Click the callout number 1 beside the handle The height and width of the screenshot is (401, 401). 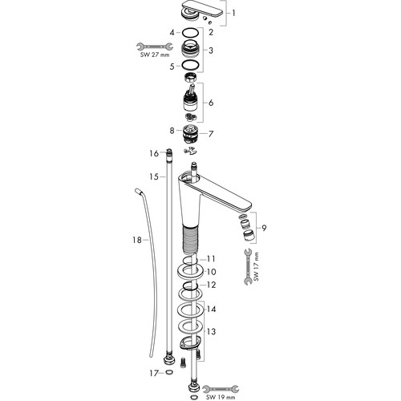(233, 13)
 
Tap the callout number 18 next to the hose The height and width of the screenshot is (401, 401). (137, 240)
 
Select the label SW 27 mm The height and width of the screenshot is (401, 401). (155, 55)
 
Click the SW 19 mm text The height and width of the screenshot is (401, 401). (221, 397)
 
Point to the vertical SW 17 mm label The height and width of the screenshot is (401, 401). (256, 266)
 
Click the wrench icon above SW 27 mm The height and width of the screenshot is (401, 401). (155, 47)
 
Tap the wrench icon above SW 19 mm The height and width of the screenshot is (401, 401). (221, 389)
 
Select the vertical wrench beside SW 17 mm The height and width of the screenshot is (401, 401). (248, 266)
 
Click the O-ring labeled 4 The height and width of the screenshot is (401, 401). (190, 33)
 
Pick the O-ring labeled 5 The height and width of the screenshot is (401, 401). (190, 65)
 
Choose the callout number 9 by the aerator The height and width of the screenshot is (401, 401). (264, 228)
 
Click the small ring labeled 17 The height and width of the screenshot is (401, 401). (169, 371)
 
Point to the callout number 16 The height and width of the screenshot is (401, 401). (154, 153)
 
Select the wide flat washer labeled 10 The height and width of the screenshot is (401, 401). (191, 272)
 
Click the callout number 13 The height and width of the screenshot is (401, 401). (211, 331)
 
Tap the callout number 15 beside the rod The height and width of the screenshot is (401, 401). (154, 176)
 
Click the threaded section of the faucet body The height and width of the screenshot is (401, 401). (190, 239)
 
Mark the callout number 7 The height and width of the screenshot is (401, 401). (211, 134)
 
